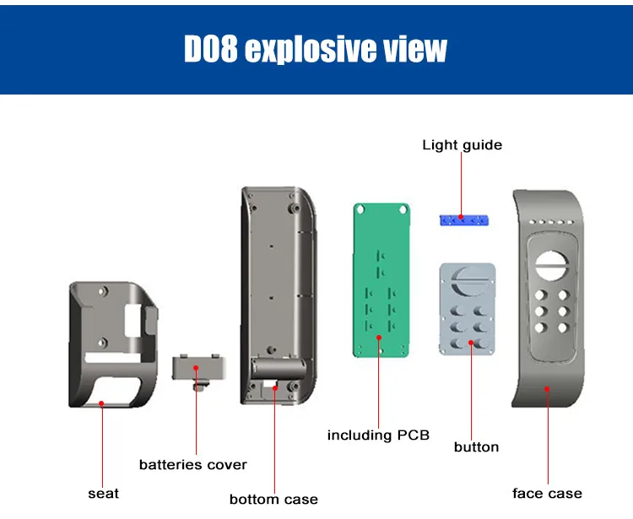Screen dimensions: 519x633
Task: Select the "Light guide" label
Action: coord(462,145)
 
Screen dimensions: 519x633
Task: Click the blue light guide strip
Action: coord(464,220)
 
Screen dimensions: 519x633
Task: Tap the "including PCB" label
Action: coord(378,435)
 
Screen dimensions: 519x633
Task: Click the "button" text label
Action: coord(476,446)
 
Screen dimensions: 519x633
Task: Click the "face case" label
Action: coord(547,493)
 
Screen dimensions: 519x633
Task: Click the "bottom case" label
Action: coord(273,499)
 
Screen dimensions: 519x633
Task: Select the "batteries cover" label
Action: coord(193,464)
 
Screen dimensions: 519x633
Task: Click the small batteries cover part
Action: coord(196,370)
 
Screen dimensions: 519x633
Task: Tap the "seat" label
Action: coord(103,493)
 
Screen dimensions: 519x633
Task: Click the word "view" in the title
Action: coord(413,50)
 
